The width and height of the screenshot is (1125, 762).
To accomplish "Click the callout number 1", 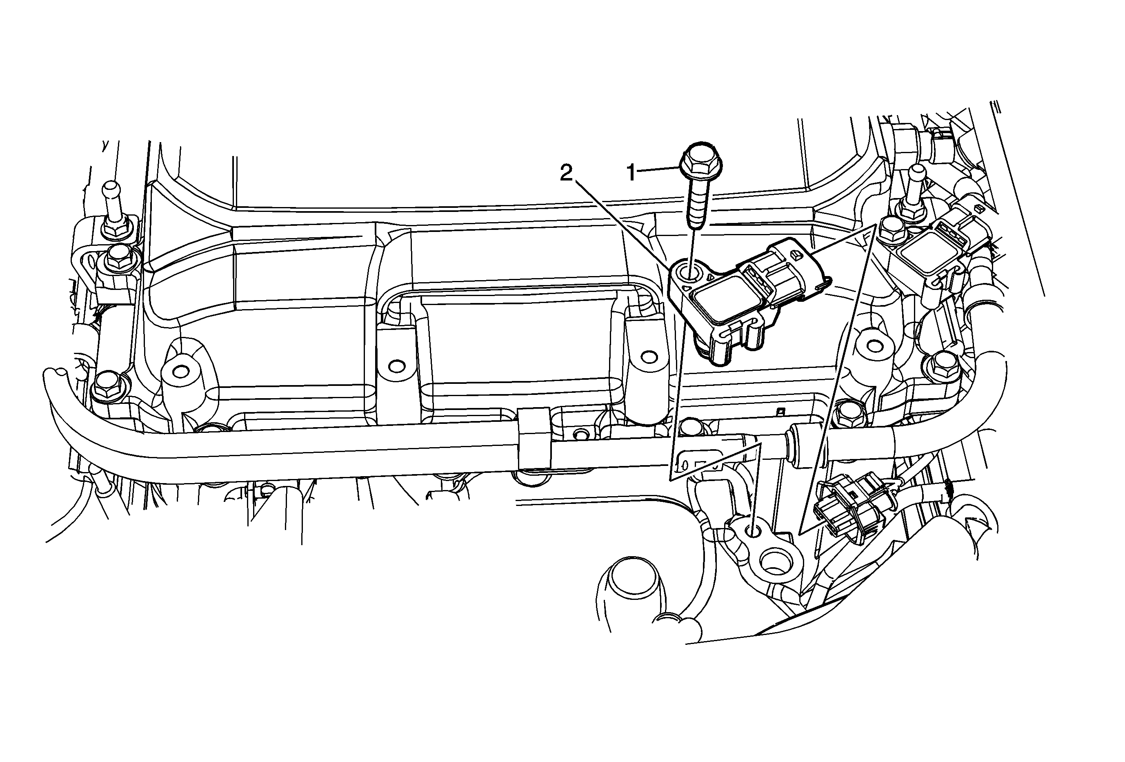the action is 631,172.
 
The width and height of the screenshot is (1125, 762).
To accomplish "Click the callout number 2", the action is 566,173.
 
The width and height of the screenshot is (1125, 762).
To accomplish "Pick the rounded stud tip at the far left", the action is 110,186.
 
